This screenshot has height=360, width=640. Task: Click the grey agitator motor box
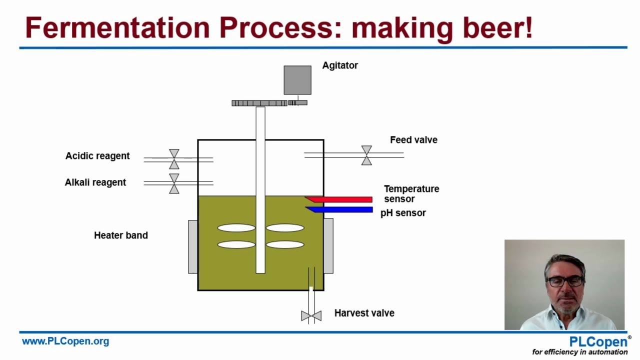(297, 80)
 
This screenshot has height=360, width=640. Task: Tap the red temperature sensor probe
(339, 199)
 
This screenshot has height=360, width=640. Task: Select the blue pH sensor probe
(339, 209)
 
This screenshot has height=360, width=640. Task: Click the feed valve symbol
(366, 155)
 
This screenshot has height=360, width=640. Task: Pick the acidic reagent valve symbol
(174, 159)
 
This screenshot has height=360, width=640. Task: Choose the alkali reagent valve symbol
(174, 183)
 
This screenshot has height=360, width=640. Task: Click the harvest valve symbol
(311, 315)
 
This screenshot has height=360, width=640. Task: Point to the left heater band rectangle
(193, 247)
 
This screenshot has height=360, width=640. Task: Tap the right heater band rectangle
(328, 245)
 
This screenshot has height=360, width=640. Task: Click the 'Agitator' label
(340, 65)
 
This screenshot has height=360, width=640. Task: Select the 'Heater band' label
(121, 235)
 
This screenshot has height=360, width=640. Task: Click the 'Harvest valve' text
(364, 313)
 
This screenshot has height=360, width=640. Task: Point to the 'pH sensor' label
(403, 213)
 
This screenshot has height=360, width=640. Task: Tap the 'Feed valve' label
(413, 139)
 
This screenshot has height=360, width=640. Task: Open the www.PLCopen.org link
(65, 341)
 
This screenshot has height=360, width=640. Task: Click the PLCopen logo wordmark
(598, 341)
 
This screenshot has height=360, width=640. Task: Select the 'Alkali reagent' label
(95, 182)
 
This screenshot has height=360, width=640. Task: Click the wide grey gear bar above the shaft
(259, 103)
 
